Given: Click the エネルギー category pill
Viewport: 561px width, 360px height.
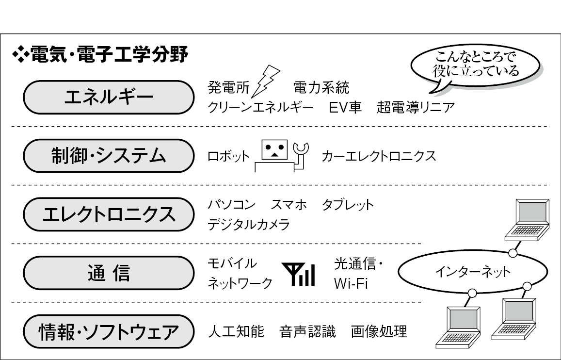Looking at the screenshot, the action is (x=109, y=98).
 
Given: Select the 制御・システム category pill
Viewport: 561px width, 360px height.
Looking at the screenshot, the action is (x=109, y=156).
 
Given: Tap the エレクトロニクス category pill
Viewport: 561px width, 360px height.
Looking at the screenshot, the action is (x=109, y=214).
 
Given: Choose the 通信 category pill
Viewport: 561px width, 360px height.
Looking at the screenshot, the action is (x=109, y=273).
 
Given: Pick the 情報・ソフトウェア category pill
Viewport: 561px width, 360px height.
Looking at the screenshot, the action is (x=109, y=331).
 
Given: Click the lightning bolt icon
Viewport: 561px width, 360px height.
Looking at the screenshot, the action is (x=265, y=82).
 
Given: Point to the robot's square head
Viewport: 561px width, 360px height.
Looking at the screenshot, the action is (x=274, y=150).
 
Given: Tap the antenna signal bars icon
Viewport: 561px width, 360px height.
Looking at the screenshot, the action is (x=298, y=274).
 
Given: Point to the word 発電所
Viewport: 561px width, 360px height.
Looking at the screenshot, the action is (x=229, y=88).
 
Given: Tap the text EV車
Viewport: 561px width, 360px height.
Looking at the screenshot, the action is (x=345, y=107).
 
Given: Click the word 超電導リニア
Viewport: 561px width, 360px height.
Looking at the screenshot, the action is (x=416, y=107).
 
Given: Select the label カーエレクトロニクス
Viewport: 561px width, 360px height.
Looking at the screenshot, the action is (x=379, y=156).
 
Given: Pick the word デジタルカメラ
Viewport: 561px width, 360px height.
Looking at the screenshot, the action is (x=249, y=225).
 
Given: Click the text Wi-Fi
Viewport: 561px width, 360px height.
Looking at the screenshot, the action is (x=351, y=283).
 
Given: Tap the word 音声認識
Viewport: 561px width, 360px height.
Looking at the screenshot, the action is (x=308, y=331).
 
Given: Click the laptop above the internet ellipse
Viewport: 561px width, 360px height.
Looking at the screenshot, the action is (x=527, y=220).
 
